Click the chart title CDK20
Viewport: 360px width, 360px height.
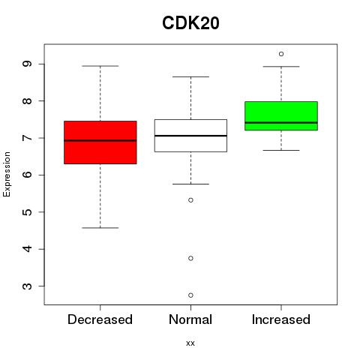(x=190, y=23)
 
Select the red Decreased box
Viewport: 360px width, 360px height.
(x=100, y=142)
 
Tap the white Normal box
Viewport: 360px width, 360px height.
(x=190, y=136)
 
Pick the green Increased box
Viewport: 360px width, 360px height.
(x=281, y=115)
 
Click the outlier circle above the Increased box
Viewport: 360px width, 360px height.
(x=281, y=54)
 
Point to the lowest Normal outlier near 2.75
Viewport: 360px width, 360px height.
(x=190, y=295)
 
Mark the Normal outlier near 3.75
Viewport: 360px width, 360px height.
(x=190, y=258)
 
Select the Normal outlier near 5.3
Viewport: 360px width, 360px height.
(x=190, y=200)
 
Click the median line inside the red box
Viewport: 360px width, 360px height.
(x=100, y=140)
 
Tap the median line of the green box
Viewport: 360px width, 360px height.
(x=281, y=123)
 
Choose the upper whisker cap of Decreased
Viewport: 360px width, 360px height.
(x=100, y=66)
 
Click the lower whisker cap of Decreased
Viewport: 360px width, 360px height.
(x=100, y=228)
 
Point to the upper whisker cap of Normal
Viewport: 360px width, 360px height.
(x=190, y=76)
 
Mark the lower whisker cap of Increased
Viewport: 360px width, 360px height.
(x=281, y=150)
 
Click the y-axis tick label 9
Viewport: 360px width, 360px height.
(x=27, y=64)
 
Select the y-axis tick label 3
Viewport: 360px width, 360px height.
(x=27, y=286)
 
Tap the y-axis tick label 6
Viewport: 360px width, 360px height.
(x=27, y=175)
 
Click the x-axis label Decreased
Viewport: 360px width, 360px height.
(x=100, y=319)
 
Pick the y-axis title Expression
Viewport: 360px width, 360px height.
(x=7, y=174)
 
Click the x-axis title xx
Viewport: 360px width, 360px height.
(x=190, y=343)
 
